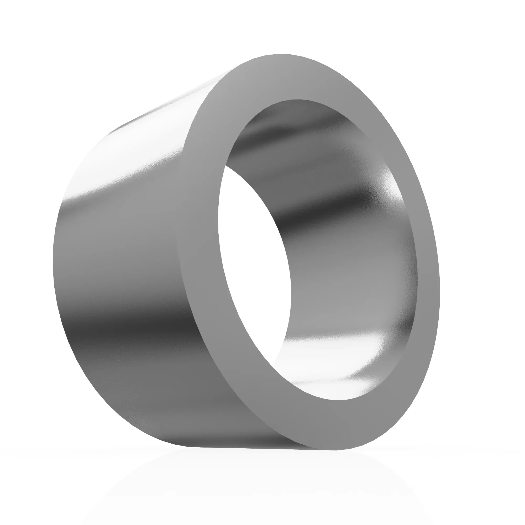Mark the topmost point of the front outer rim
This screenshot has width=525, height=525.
tap(280, 54)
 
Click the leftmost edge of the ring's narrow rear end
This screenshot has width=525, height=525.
tap(53, 261)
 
